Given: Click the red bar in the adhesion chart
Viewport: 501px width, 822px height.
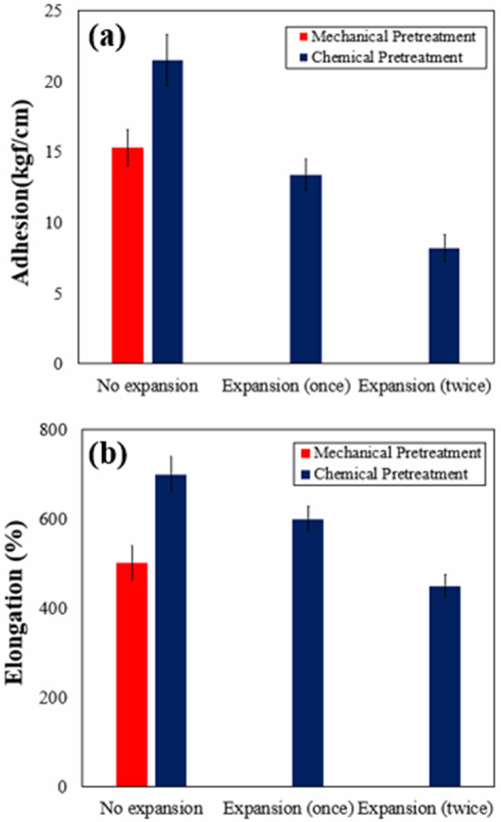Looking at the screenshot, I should pyautogui.click(x=127, y=255).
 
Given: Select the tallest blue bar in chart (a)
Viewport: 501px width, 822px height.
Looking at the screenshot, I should pyautogui.click(x=167, y=212).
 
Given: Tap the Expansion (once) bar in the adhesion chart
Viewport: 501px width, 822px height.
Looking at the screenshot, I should pyautogui.click(x=306, y=269).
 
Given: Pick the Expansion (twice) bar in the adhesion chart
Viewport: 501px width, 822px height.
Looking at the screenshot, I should pyautogui.click(x=444, y=305).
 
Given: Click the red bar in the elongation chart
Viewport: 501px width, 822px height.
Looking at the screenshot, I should pyautogui.click(x=132, y=674).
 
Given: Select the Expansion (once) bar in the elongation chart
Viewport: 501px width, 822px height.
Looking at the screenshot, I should pyautogui.click(x=308, y=653).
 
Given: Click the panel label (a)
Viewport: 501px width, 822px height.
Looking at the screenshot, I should pyautogui.click(x=107, y=38).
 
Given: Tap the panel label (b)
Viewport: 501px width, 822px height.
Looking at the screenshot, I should pyautogui.click(x=108, y=455).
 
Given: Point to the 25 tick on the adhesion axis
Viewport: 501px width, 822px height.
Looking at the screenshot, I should pyautogui.click(x=54, y=11).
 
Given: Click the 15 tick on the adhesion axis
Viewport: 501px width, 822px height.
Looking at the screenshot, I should pyautogui.click(x=54, y=152).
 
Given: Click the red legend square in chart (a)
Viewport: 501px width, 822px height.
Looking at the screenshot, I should pyautogui.click(x=303, y=36).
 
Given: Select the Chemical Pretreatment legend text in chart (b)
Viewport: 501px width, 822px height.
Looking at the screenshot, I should pyautogui.click(x=391, y=474).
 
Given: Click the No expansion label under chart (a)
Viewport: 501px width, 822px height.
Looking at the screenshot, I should pyautogui.click(x=147, y=386).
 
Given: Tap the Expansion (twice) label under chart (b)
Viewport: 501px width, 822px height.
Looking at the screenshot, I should pyautogui.click(x=425, y=808).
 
